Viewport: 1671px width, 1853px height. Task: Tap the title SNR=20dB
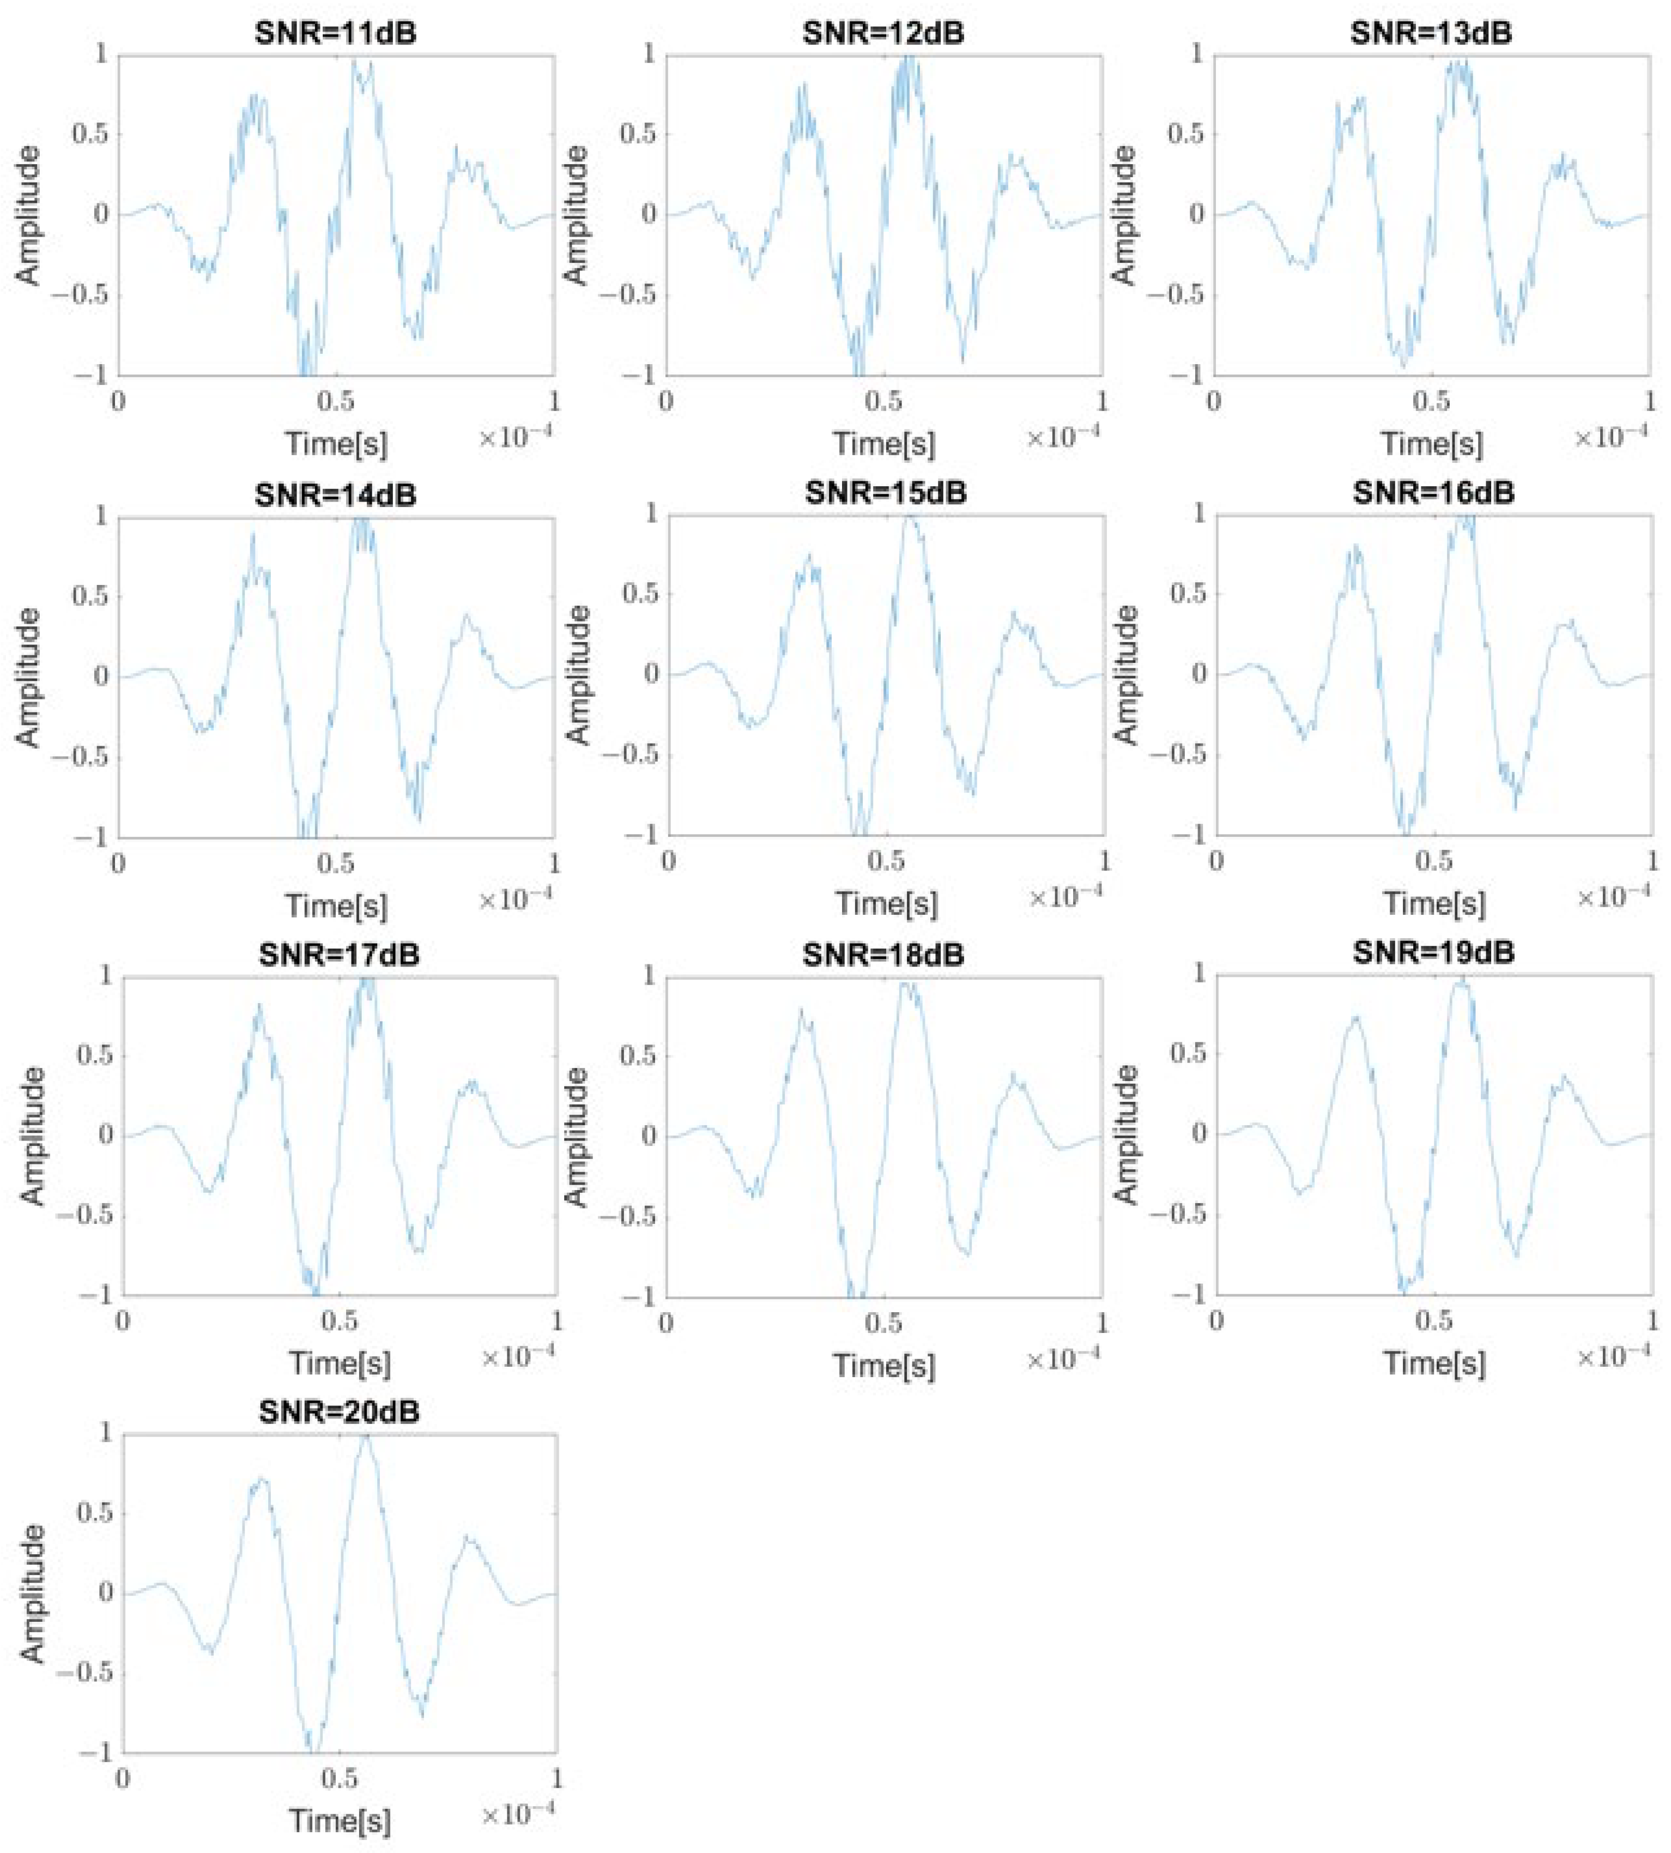(339, 1413)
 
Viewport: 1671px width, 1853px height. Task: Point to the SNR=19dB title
(1433, 953)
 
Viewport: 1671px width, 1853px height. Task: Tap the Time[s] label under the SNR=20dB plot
(340, 1821)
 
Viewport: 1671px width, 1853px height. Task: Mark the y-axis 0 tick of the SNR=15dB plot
(650, 675)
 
